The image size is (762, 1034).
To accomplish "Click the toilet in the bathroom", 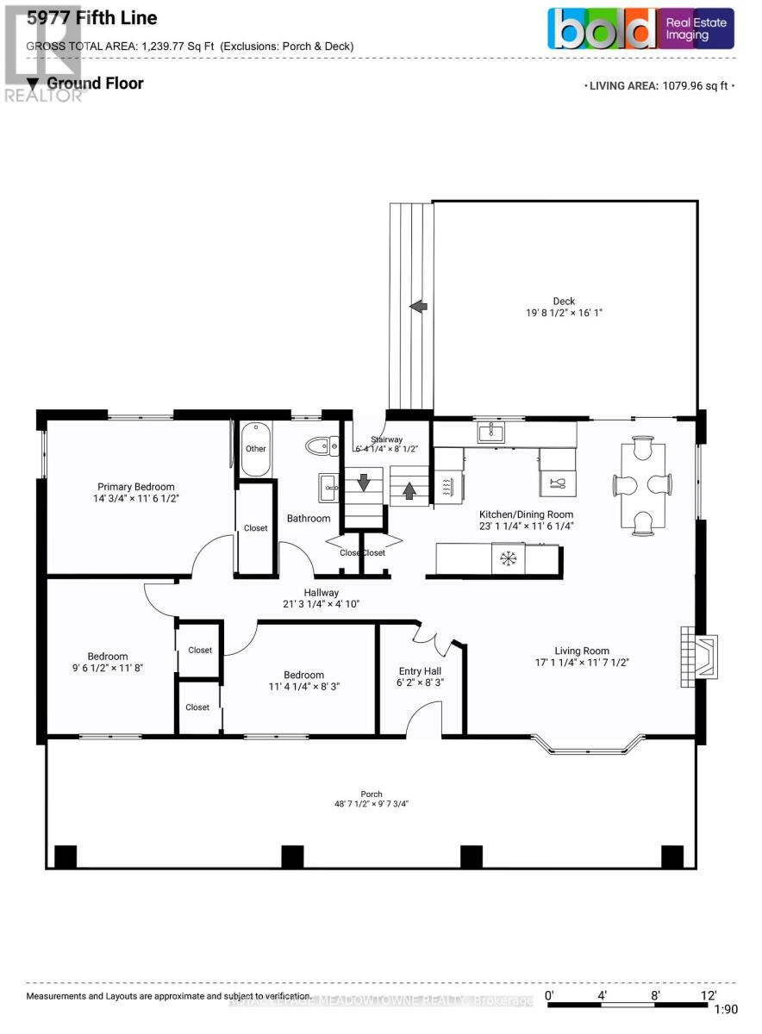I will click(x=320, y=445).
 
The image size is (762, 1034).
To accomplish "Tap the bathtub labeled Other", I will click(x=255, y=448).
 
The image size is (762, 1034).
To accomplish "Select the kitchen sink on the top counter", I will click(x=490, y=432).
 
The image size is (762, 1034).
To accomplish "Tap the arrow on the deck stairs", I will click(x=418, y=306).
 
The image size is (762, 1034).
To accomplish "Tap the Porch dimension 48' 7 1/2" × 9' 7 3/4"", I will click(x=372, y=804).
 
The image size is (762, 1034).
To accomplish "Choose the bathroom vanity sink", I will click(x=328, y=488).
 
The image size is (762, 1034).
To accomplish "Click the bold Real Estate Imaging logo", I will click(x=641, y=28).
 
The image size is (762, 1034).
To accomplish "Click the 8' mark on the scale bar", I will click(x=656, y=994).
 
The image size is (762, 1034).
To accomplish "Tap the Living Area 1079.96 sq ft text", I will click(x=660, y=85).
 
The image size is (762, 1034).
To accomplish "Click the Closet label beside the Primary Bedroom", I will click(x=256, y=528).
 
